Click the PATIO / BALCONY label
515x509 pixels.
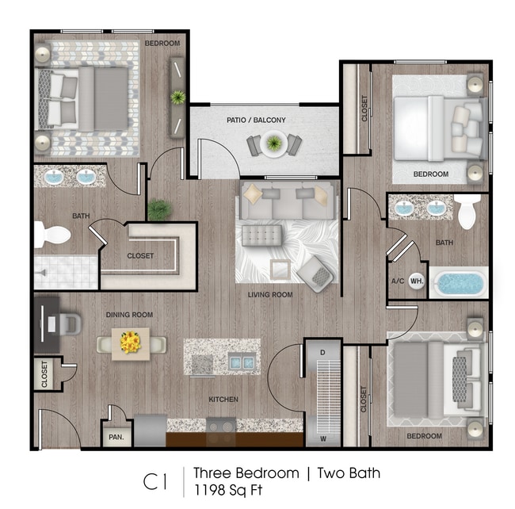pyautogui.click(x=256, y=121)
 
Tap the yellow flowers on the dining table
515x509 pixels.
pyautogui.click(x=130, y=343)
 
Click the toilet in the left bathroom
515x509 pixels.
pyautogui.click(x=50, y=235)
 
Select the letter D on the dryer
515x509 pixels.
pyautogui.click(x=322, y=351)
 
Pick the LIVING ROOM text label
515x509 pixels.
pyautogui.click(x=270, y=295)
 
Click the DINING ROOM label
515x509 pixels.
pyautogui.click(x=129, y=315)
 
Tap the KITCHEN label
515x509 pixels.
pyautogui.click(x=223, y=400)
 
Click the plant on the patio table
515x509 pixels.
pyautogui.click(x=274, y=144)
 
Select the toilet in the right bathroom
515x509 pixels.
pyautogui.click(x=465, y=211)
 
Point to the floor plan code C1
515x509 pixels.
pyautogui.click(x=155, y=480)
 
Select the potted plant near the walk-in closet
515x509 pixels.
pyautogui.click(x=159, y=210)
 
